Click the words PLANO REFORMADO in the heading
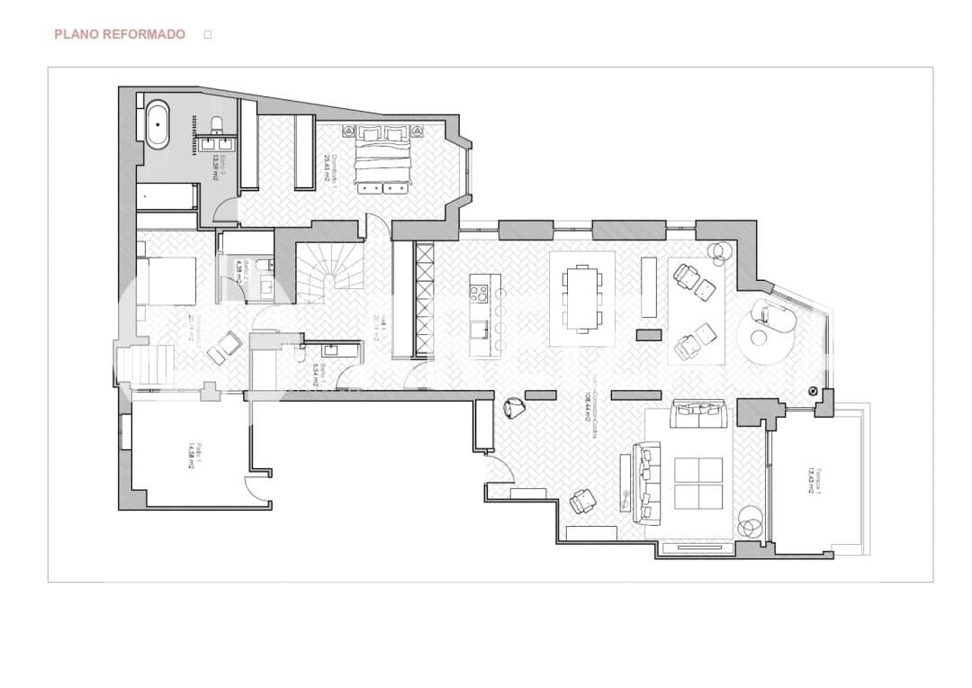click(x=120, y=34)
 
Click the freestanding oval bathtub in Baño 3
click(x=157, y=123)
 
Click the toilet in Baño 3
click(x=217, y=123)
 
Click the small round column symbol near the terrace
click(x=813, y=392)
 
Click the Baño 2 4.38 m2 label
click(x=238, y=271)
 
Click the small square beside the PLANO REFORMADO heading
click(x=207, y=34)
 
